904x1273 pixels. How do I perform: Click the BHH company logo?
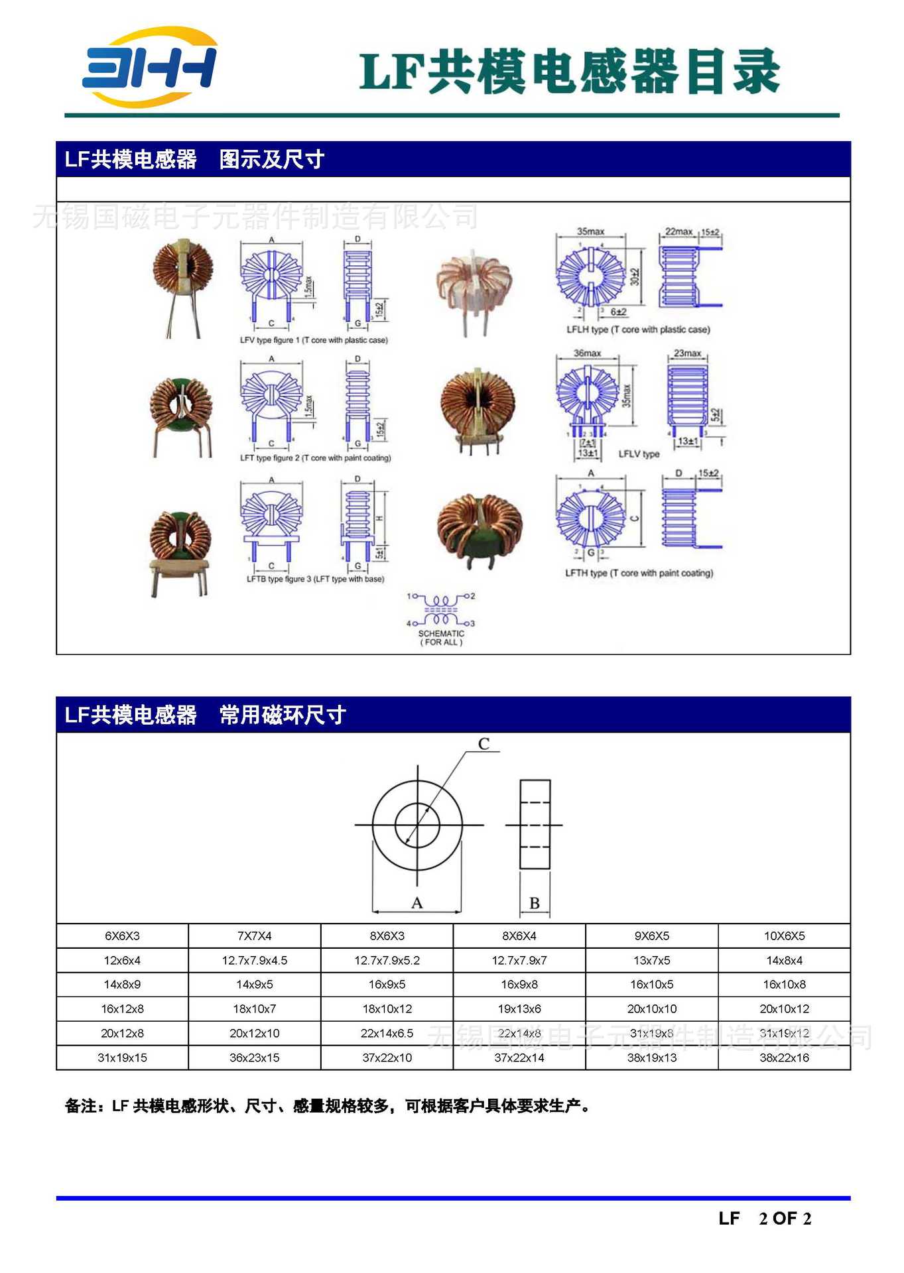click(149, 67)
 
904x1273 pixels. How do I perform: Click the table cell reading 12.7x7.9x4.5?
click(255, 960)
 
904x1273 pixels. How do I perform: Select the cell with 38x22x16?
click(784, 1058)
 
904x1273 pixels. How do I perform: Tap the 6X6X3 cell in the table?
click(122, 936)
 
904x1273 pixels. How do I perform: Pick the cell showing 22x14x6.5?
click(387, 1033)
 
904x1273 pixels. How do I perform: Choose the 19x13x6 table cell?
click(519, 1008)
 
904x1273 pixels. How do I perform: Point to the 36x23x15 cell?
click(255, 1058)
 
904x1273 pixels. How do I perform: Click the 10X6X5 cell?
click(784, 936)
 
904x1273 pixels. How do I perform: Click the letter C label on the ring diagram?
click(484, 744)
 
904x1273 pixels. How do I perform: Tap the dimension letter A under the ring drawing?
click(417, 903)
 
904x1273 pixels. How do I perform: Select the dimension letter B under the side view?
click(535, 903)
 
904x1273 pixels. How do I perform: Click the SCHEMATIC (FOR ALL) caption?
click(441, 638)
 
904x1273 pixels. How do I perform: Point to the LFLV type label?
click(639, 454)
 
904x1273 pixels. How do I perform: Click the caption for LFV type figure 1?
click(314, 340)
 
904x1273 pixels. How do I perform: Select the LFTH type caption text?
click(639, 573)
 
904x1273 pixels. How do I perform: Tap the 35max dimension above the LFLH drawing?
click(590, 231)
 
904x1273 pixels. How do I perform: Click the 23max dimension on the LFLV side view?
click(687, 353)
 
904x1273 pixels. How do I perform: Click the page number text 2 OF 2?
click(785, 1219)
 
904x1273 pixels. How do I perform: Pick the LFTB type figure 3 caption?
click(315, 579)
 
